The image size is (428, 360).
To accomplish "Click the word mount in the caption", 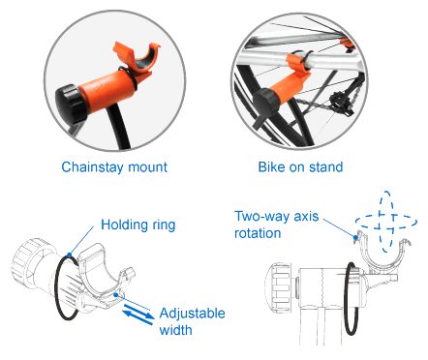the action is tap(148, 167).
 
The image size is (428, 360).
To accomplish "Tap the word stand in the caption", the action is tap(325, 166).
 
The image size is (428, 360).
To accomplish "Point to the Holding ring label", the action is tap(138, 225).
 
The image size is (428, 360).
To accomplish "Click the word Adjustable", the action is tap(193, 313).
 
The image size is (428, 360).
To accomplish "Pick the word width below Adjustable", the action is tap(175, 330).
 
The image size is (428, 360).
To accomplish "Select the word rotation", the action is tap(258, 233).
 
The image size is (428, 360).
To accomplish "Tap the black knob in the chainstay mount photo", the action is tap(71, 103).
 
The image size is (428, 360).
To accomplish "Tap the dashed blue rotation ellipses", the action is tap(386, 222).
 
